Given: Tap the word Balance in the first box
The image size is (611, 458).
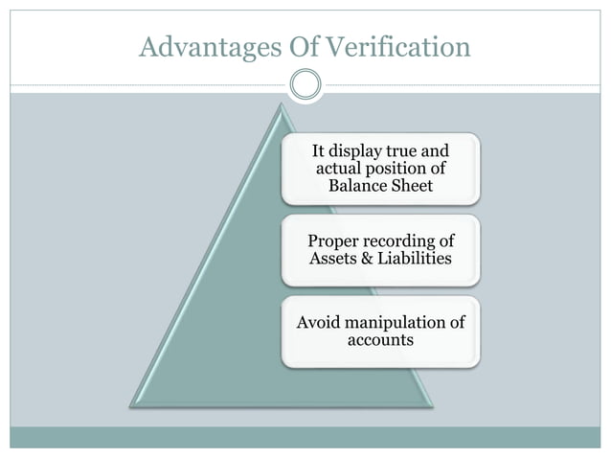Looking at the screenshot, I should pos(357,184).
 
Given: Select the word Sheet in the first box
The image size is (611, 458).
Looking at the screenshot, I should pos(413,184).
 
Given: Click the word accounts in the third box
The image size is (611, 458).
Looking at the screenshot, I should pos(381,339).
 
